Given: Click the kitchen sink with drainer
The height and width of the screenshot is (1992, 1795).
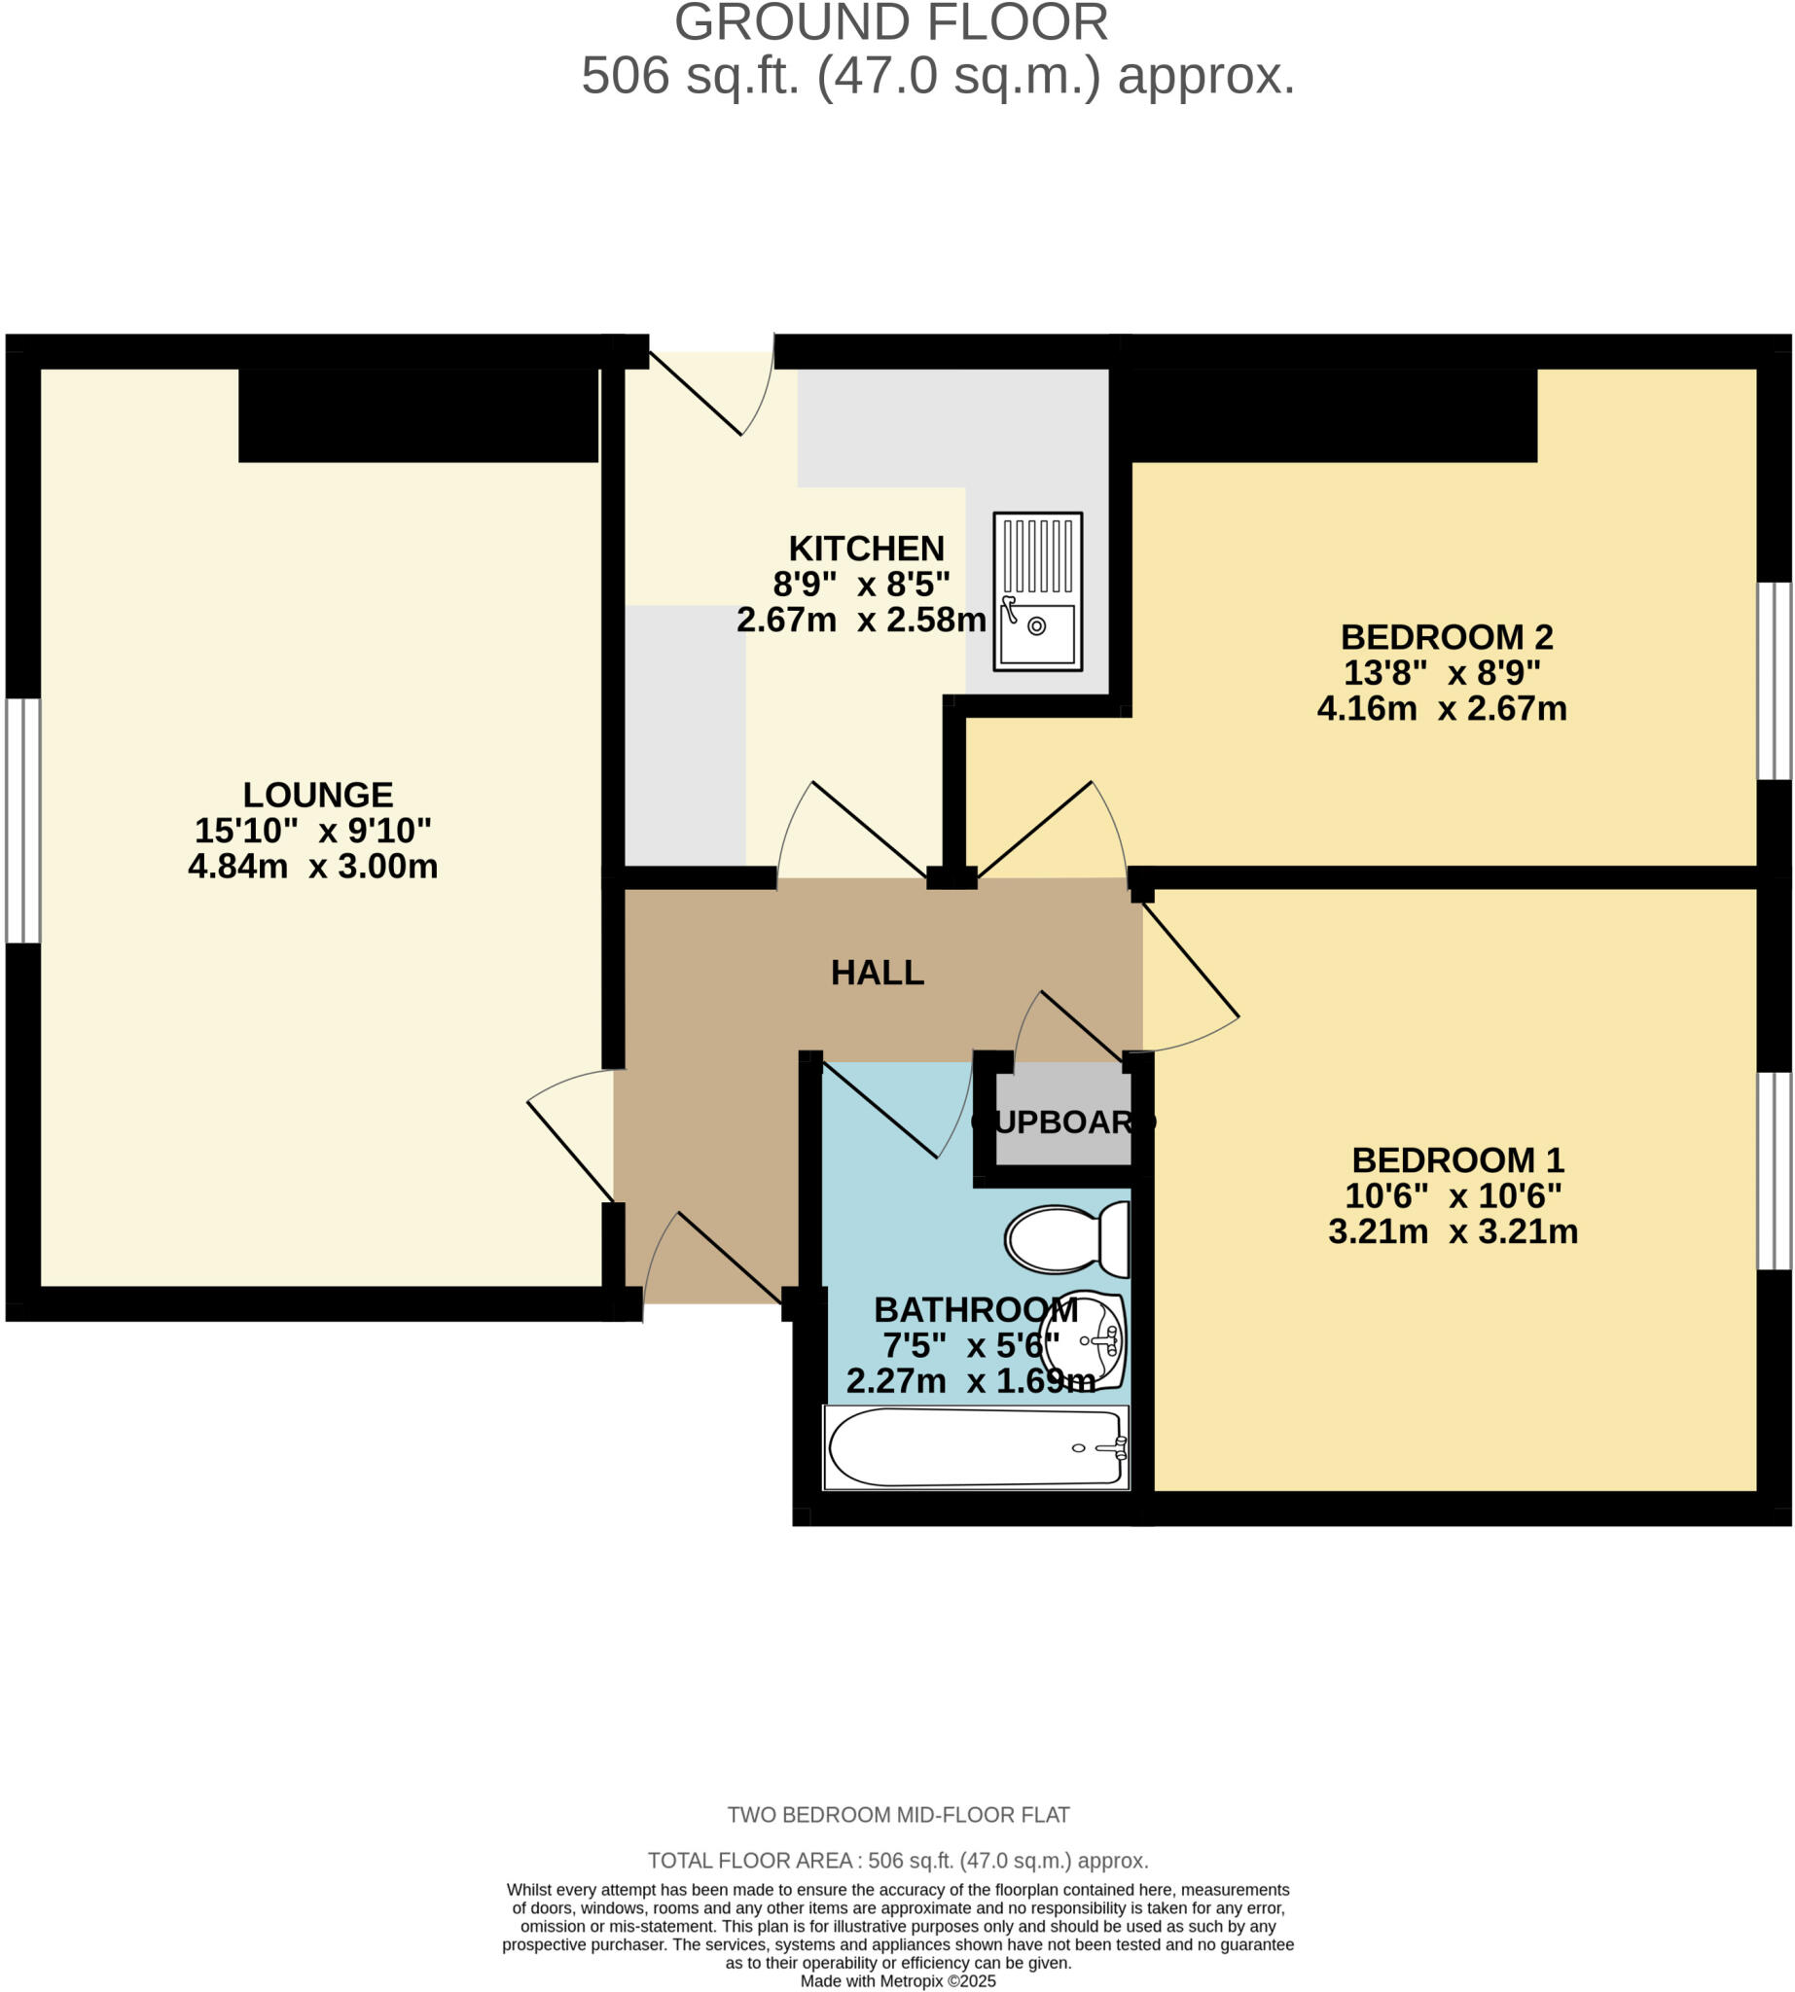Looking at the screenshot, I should tap(1037, 590).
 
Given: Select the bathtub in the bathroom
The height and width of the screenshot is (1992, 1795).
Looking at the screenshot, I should tap(976, 1446).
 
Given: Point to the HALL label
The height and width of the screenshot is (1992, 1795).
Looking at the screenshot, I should tap(877, 973).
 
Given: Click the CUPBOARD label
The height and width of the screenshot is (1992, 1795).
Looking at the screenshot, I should tap(1063, 1121).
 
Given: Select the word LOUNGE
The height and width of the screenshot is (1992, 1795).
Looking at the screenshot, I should tap(317, 794).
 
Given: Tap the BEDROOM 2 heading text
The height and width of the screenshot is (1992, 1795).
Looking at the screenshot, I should tap(1446, 636).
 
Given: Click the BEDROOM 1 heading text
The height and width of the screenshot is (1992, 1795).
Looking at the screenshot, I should tap(1457, 1158).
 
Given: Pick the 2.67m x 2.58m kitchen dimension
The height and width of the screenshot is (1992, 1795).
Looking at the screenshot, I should tap(861, 620).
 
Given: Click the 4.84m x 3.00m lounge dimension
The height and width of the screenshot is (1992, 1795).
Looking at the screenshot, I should tap(312, 866).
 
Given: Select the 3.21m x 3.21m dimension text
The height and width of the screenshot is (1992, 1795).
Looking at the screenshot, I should tap(1453, 1230).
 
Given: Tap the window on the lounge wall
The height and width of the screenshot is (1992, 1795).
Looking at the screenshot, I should tap(22, 821).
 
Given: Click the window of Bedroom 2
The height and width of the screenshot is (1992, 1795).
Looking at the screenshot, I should tap(1775, 681).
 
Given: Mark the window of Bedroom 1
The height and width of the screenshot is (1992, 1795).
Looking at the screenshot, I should tap(1775, 1170).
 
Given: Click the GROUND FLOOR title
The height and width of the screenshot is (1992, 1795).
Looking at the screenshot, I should tap(890, 22).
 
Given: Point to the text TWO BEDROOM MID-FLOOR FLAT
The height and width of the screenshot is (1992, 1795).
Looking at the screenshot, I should tap(897, 1815).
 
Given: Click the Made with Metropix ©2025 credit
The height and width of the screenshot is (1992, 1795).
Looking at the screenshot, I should tap(897, 1980).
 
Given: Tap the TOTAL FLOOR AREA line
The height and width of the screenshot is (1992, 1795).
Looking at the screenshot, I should tap(897, 1860).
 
